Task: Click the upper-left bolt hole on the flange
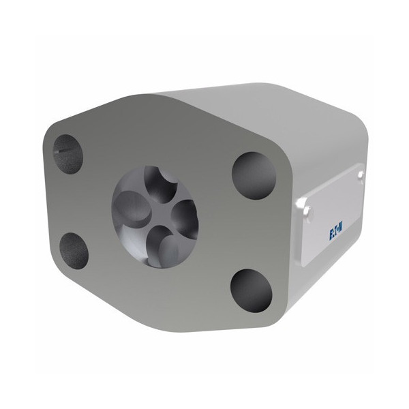click(67, 154)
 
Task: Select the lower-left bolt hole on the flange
click(74, 251)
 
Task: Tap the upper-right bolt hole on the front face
click(254, 175)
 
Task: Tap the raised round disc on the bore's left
click(132, 206)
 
